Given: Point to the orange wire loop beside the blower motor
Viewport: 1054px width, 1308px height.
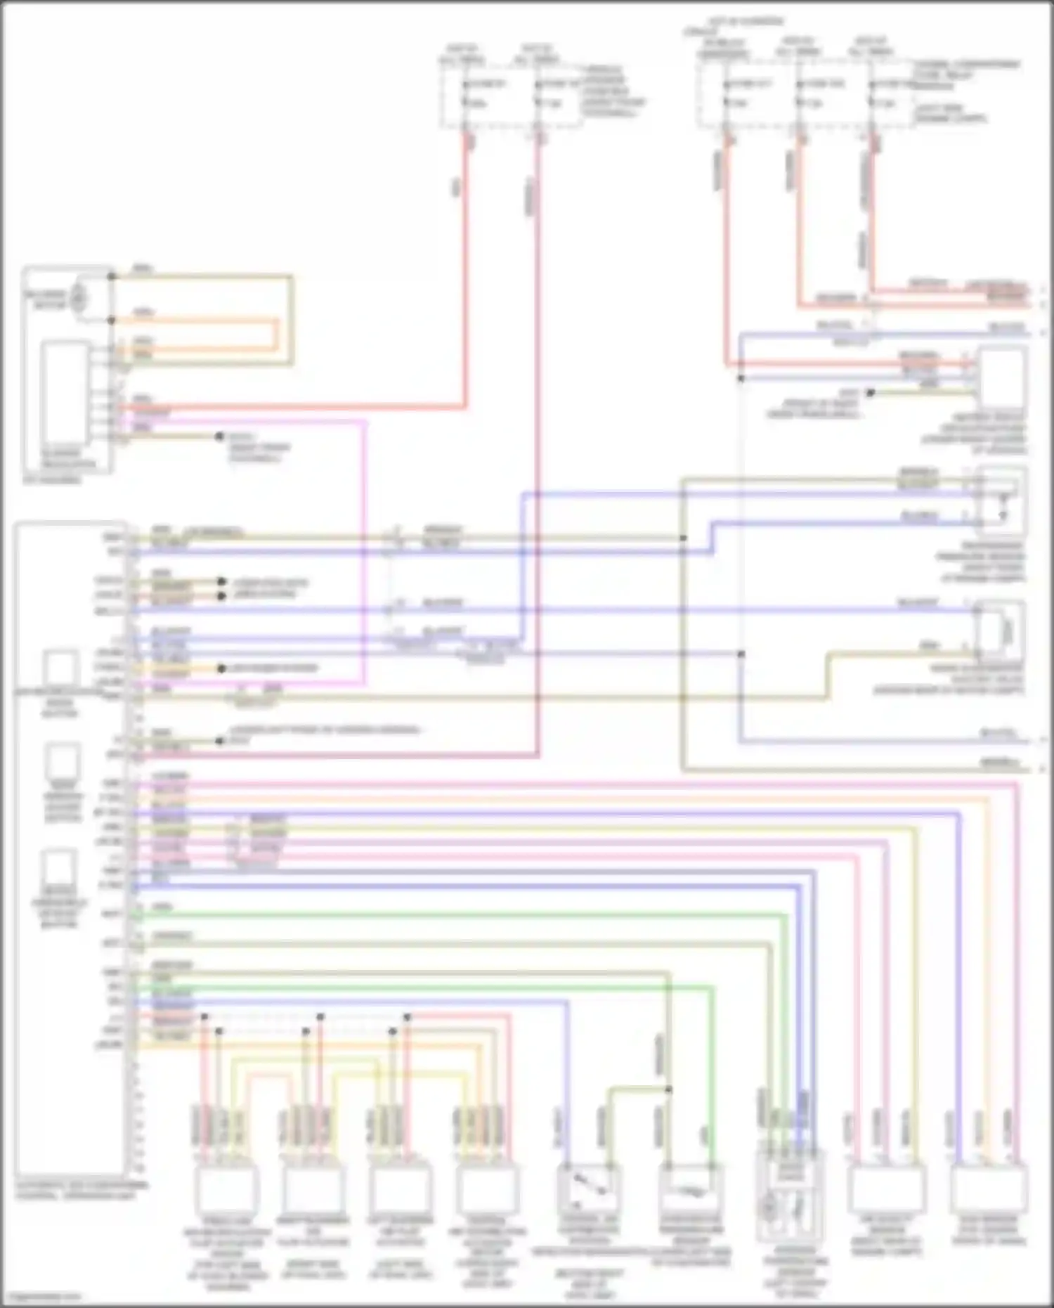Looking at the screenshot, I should click(274, 335).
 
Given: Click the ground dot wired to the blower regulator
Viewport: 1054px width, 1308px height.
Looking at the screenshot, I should click(219, 436).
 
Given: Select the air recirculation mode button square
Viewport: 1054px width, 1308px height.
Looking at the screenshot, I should click(61, 667).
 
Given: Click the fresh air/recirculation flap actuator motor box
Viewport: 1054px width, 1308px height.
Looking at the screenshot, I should click(227, 1189).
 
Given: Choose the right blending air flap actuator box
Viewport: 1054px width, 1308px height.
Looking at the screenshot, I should click(313, 1189).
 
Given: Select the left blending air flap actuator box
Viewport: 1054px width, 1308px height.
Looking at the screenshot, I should click(400, 1189).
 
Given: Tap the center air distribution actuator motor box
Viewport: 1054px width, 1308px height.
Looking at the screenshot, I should click(487, 1189).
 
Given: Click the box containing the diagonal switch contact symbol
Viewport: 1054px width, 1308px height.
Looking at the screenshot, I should click(589, 1189).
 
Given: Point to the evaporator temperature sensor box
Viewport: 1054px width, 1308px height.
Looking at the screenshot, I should click(690, 1189).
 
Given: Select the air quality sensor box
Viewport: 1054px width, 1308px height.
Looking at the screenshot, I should click(887, 1189).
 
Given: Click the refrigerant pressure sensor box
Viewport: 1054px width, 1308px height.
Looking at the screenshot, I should click(1002, 503).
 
